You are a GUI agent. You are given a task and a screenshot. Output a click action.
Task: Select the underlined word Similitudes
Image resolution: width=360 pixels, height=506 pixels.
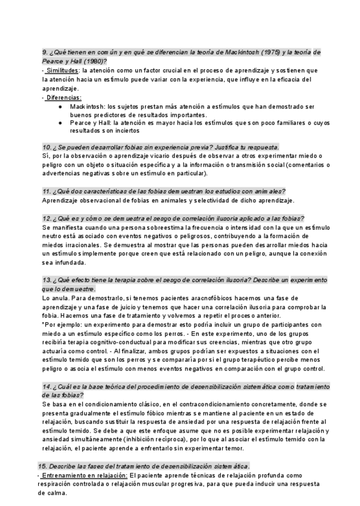(x=62, y=70)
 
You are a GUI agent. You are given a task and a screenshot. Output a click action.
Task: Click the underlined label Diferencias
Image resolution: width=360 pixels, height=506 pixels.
(x=63, y=97)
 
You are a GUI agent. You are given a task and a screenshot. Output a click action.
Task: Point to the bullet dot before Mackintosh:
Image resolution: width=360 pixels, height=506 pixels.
(x=61, y=106)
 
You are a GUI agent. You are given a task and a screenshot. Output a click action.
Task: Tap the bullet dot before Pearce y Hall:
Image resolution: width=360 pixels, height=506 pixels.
(x=61, y=122)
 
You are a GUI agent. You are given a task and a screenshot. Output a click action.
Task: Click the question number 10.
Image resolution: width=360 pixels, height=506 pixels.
(x=47, y=147)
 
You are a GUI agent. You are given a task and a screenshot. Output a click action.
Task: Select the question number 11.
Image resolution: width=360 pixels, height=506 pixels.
(x=47, y=191)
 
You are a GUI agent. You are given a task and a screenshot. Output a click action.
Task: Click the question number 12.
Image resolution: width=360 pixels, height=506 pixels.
(x=47, y=218)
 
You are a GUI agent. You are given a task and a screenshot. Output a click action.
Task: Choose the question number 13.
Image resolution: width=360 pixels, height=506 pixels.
(x=47, y=280)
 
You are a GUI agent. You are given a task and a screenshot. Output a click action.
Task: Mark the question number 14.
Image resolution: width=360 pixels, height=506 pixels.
(x=47, y=387)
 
